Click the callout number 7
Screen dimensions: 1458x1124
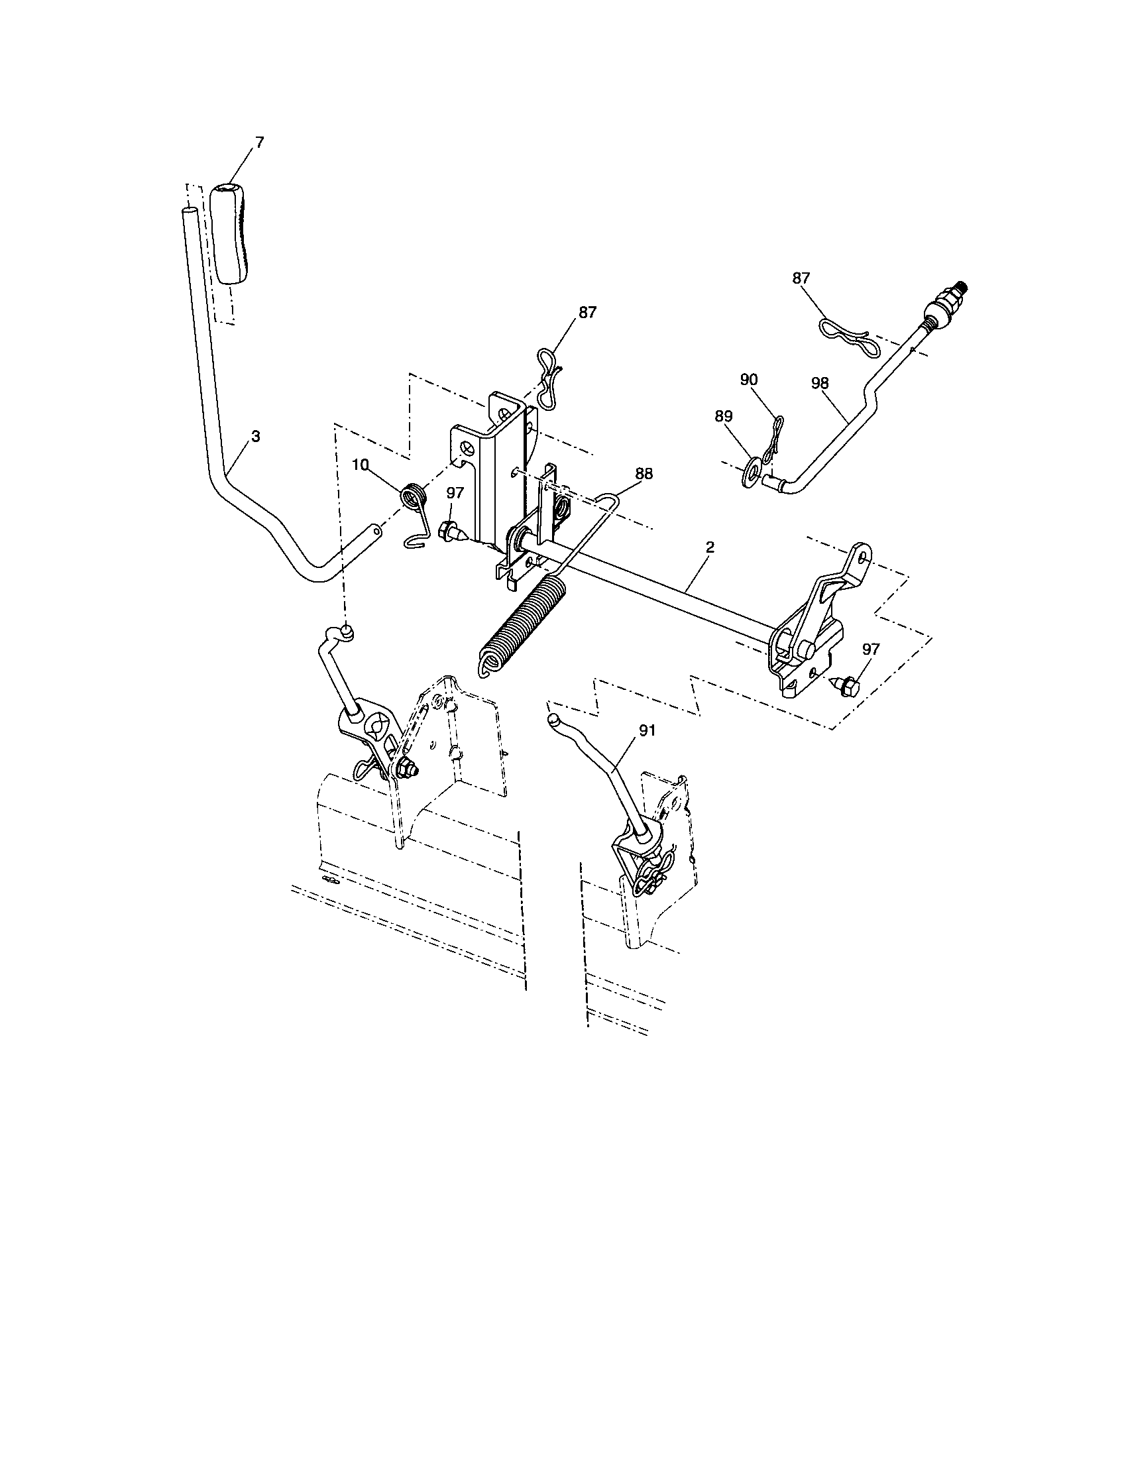(260, 142)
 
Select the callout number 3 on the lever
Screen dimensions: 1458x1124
(256, 436)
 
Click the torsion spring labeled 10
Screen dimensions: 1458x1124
(412, 499)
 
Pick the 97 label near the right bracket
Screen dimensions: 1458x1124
(870, 649)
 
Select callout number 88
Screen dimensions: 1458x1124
(644, 473)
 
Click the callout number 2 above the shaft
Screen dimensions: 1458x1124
(710, 547)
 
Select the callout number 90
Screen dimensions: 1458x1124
(749, 379)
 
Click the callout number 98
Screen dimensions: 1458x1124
(820, 383)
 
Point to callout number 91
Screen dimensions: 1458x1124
(647, 730)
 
